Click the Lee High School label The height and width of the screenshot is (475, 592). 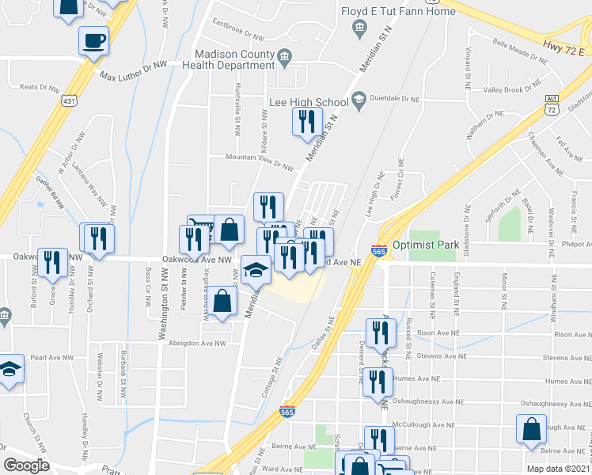(x=309, y=102)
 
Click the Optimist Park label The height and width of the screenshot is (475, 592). (x=425, y=245)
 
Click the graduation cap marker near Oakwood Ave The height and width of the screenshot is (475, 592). (x=256, y=272)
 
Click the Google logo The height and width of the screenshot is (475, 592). (x=27, y=465)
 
